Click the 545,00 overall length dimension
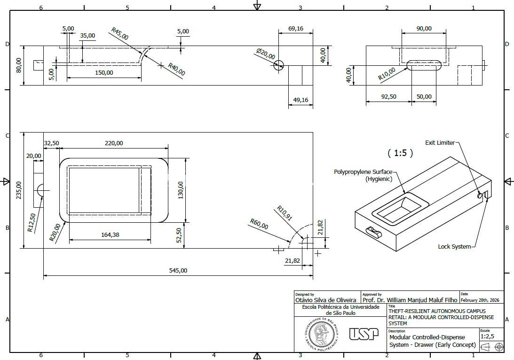pos(178,271)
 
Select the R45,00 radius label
pos(119,34)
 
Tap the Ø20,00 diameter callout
pos(266,54)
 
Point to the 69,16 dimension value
pos(296,29)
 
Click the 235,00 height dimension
pos(19,190)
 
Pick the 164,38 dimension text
pos(110,235)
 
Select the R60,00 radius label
pos(259,224)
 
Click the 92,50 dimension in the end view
pos(389,97)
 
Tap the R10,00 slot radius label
pos(387,74)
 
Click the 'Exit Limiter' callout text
pos(440,143)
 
